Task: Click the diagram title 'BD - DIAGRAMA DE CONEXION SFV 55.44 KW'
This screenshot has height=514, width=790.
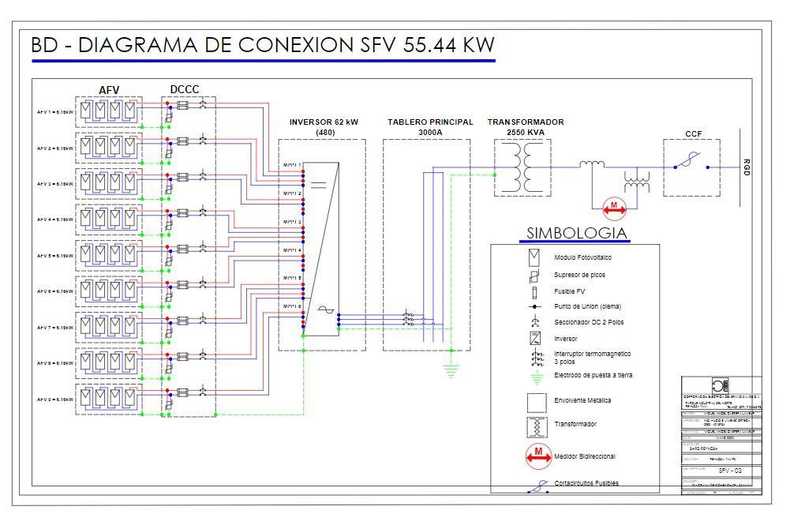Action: pos(262,45)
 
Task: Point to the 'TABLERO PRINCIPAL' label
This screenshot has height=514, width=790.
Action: pos(430,122)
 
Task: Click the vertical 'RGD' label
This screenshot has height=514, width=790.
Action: pos(747,167)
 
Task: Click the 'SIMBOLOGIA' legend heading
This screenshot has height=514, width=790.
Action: pos(577,233)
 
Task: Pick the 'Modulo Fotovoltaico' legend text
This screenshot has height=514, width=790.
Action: pos(582,257)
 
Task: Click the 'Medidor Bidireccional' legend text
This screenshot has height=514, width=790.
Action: pos(585,456)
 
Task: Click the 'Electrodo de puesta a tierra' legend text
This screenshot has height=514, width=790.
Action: pos(593,375)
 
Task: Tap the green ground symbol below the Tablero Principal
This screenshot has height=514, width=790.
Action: pos(451,367)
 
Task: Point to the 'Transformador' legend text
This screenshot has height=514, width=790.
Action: pos(575,424)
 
